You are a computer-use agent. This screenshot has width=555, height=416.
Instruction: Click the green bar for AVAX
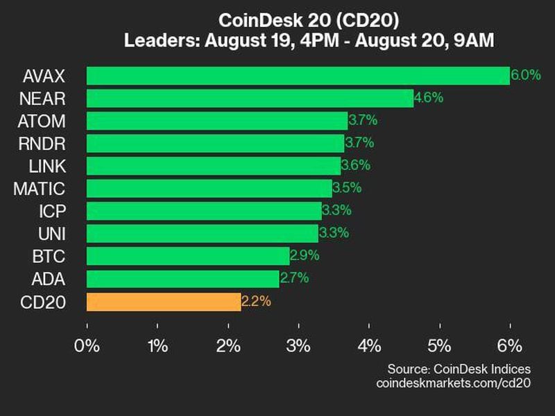point(298,76)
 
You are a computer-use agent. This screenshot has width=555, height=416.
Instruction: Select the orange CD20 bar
point(164,302)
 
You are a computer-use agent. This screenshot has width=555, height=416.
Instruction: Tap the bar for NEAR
point(250,98)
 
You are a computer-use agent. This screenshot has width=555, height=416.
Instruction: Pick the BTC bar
point(188,257)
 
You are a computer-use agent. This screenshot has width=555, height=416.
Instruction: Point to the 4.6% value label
point(428,98)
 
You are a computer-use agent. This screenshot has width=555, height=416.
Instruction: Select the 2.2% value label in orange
point(256,302)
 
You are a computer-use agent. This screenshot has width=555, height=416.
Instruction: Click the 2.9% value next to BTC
point(305,256)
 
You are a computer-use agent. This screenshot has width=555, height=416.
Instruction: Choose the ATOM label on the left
point(43,121)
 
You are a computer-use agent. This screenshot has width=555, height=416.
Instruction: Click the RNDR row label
point(44,144)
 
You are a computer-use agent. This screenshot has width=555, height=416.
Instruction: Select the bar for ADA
point(182,279)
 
